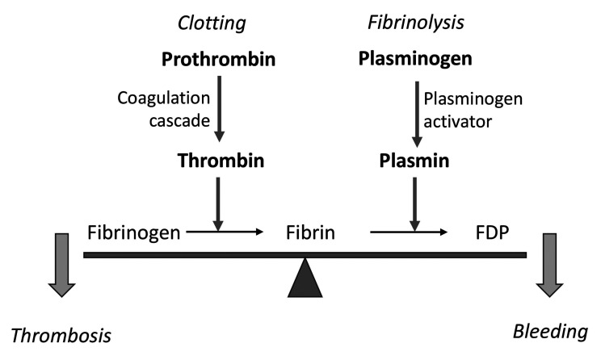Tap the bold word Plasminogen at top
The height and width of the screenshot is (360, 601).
pyautogui.click(x=414, y=59)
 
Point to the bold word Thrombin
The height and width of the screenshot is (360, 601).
pyautogui.click(x=221, y=159)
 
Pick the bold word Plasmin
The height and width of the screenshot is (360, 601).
pyautogui.click(x=414, y=159)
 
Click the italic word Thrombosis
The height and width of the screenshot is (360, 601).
pyautogui.click(x=61, y=334)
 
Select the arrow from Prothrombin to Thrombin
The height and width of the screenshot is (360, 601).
pyautogui.click(x=221, y=108)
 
